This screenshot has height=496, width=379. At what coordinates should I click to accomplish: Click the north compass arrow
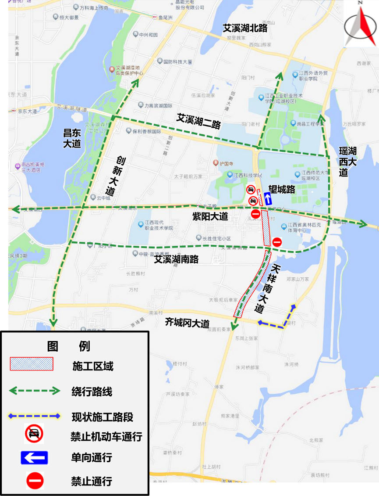tap(361, 24)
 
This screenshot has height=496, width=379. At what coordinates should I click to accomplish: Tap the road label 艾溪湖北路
tap(245, 28)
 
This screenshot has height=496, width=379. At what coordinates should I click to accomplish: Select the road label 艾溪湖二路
tap(198, 121)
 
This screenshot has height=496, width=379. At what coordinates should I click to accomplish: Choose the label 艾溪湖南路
tap(176, 259)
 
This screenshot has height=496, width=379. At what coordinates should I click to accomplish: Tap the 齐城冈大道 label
tap(187, 323)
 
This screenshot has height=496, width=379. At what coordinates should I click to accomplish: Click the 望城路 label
tap(281, 189)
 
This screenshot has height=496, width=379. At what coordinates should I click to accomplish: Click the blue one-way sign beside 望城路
tap(267, 198)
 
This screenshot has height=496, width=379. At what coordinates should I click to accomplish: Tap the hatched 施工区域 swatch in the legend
tap(32, 364)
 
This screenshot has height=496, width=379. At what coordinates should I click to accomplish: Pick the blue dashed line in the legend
tap(34, 416)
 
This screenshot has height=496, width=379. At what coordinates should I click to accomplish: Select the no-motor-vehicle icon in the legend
tap(34, 435)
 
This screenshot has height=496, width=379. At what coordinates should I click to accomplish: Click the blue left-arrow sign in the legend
tap(34, 458)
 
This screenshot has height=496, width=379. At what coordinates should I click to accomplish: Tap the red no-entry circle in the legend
tap(34, 481)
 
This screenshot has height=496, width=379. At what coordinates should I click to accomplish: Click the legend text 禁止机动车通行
tap(106, 437)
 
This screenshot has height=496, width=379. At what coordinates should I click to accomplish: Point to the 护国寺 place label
tap(225, 163)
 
